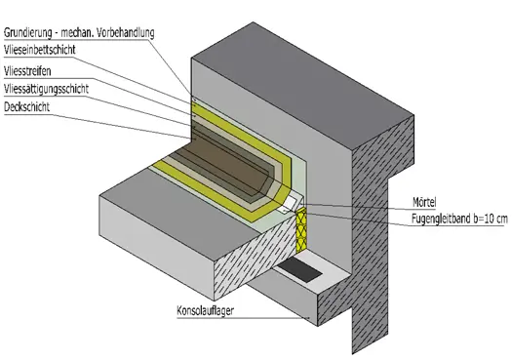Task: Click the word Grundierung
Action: point(28,32)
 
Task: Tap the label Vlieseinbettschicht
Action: point(40,50)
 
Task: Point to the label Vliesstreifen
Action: point(27,71)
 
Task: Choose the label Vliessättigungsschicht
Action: point(46,89)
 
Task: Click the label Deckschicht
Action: point(26,106)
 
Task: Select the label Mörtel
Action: point(424,202)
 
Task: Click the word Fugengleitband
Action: point(441,219)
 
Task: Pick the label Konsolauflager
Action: point(206,310)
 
